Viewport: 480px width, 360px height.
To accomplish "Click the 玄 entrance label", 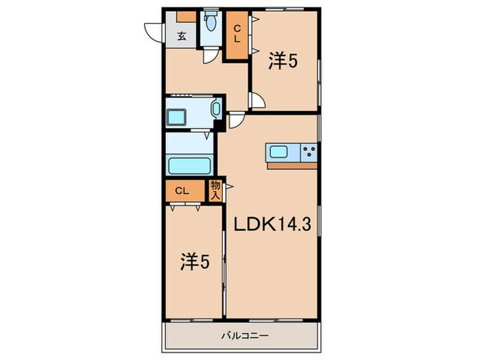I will [x=182, y=36].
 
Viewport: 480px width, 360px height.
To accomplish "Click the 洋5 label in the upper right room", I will [x=283, y=62].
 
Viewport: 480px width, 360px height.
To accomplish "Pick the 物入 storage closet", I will [x=215, y=190].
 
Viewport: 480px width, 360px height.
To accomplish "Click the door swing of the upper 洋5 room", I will [x=258, y=101].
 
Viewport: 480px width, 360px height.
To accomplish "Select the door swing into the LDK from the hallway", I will [x=236, y=121].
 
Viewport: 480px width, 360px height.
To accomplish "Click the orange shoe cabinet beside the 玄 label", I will [x=185, y=16].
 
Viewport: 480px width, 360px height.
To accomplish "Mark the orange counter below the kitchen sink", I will [x=292, y=165].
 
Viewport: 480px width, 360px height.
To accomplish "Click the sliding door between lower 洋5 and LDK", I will [x=224, y=261].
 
